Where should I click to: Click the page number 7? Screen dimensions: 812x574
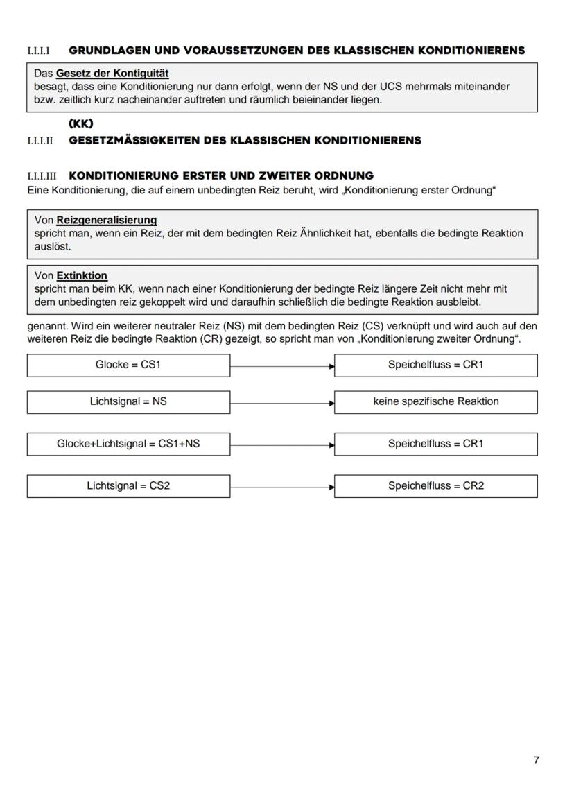pos(536,760)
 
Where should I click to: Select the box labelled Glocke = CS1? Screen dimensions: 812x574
pos(128,365)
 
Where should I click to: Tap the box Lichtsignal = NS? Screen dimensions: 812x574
pos(128,401)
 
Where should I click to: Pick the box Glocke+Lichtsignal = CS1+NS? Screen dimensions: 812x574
pos(128,444)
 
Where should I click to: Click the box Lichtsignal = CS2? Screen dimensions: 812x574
pos(128,485)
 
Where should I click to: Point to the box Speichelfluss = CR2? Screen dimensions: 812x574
pos(435,485)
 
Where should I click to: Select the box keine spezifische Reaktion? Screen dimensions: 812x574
pos(435,401)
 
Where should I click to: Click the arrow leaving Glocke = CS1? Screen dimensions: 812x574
pos(282,365)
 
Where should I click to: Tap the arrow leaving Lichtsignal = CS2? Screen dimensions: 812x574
pos(282,486)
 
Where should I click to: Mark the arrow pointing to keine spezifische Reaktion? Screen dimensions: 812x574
pos(282,402)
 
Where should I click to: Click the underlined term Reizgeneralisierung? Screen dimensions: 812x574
pos(106,221)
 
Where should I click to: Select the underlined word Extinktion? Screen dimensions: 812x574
pos(82,276)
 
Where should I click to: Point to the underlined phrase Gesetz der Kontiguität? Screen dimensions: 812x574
pos(112,73)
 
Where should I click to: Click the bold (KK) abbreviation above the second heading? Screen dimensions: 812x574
pos(81,124)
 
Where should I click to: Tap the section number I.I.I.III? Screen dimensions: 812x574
pos(42,176)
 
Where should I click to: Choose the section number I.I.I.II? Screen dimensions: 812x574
pos(40,141)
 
